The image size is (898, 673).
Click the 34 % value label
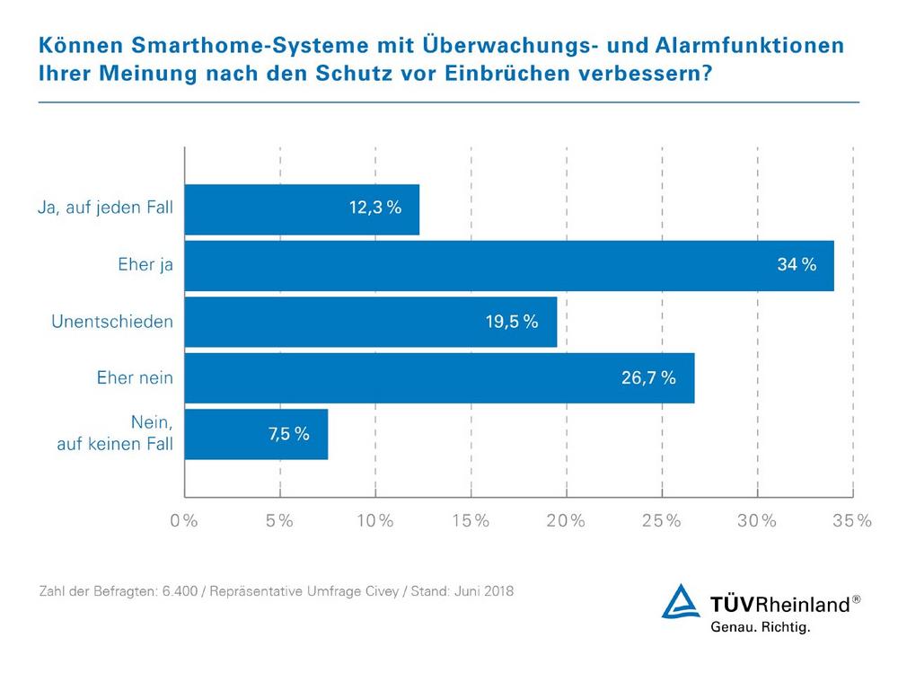(797, 265)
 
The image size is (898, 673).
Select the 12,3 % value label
(374, 208)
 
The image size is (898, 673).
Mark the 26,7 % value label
(649, 377)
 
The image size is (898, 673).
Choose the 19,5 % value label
(511, 322)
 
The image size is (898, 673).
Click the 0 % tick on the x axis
(184, 521)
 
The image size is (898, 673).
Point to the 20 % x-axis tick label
(566, 521)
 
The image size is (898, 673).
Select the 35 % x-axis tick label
(852, 521)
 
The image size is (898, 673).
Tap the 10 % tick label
(374, 521)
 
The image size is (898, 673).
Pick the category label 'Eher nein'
(135, 378)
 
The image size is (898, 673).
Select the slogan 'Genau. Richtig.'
(760, 627)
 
